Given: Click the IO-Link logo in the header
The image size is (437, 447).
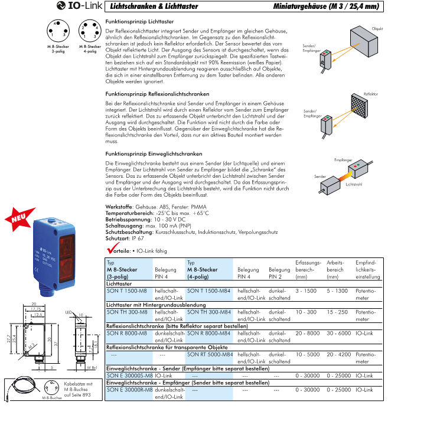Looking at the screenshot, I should tap(80, 6).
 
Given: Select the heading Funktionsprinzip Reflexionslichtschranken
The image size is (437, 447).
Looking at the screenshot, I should tap(157, 94).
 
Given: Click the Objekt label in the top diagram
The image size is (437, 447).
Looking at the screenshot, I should tap(377, 29).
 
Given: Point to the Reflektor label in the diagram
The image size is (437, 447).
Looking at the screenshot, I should tap(371, 94).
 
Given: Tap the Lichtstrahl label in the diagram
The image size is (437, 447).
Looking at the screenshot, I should tap(354, 185).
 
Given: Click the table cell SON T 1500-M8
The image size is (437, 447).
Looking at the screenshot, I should tap(126, 291).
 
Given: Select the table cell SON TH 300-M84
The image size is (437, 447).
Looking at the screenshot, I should tap(210, 312).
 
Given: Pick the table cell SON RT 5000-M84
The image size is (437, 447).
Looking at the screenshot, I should tap(210, 354).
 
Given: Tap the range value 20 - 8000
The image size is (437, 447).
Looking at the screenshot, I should tap(307, 333).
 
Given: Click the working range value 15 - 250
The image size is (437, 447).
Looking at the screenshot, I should tap(338, 312).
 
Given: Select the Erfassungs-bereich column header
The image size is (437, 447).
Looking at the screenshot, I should tap(308, 269).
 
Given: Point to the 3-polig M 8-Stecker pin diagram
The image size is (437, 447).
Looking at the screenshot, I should tap(57, 32).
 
